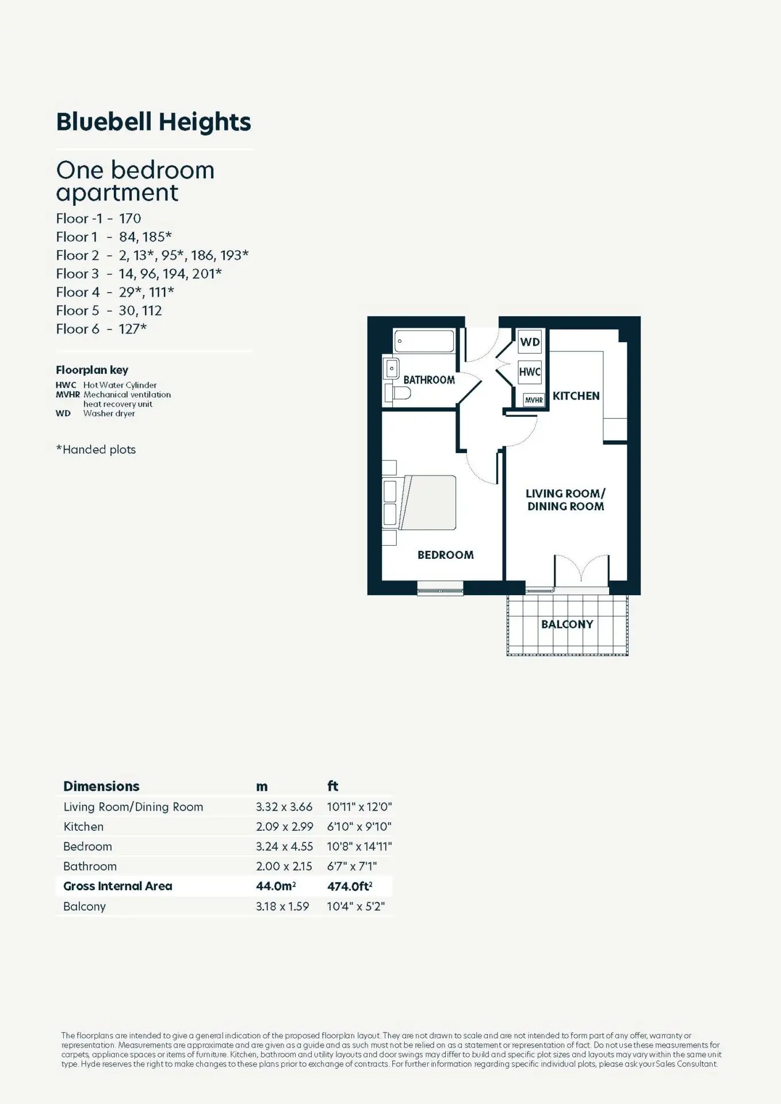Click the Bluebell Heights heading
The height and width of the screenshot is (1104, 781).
tap(154, 122)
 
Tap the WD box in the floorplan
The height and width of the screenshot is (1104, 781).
tap(530, 342)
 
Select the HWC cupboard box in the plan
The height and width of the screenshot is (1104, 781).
tap(530, 372)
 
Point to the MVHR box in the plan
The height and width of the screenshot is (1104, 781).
tap(534, 400)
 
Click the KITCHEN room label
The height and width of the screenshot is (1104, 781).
tap(576, 396)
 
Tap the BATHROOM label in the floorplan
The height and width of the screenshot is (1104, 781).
tap(429, 379)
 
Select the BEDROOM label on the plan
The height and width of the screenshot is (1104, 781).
tap(446, 555)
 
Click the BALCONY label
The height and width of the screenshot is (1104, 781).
tap(567, 624)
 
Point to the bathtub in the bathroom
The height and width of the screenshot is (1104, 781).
tap(424, 341)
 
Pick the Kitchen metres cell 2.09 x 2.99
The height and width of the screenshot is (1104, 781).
tap(285, 826)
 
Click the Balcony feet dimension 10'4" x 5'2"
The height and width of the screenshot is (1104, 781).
tap(356, 906)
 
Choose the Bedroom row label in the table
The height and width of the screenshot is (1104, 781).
tap(87, 846)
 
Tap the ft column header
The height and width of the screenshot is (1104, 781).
tap(332, 786)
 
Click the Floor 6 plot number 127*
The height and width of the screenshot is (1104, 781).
tap(133, 329)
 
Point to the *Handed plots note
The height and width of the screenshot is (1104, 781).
tap(96, 450)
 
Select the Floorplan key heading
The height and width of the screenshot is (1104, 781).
tap(92, 370)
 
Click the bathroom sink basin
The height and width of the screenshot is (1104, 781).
tap(392, 368)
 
